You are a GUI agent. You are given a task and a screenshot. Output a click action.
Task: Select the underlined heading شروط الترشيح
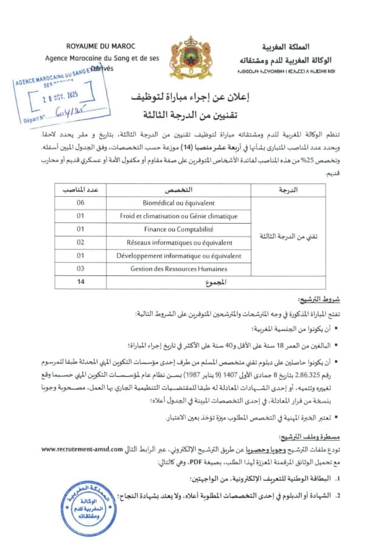(314, 300)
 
